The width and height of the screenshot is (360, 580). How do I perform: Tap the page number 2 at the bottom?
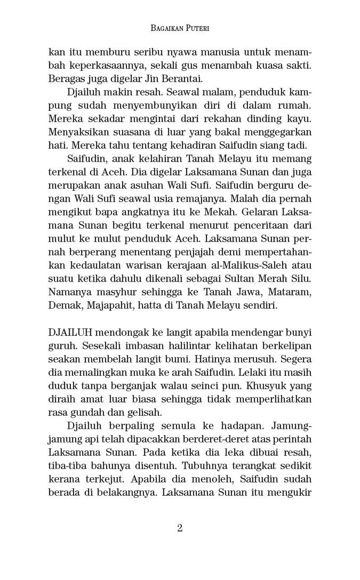[x=180, y=528]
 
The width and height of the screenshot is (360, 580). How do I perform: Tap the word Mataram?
[x=289, y=292]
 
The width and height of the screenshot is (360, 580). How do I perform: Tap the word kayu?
[x=300, y=119]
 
